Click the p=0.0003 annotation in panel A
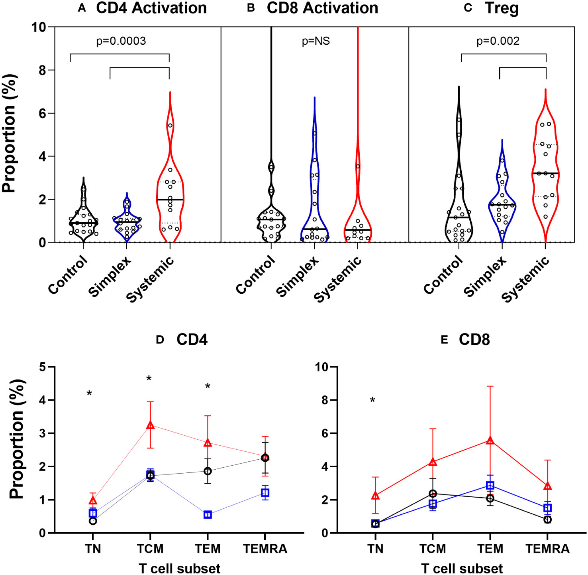coord(121,41)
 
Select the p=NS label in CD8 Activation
coord(316,41)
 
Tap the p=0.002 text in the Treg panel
coord(498,41)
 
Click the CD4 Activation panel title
coord(151,8)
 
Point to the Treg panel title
coord(502,8)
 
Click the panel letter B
coord(251,8)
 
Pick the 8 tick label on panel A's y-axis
coord(41,70)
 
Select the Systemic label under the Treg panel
coord(525,279)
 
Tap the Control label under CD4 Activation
coord(68,275)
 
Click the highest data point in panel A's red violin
coord(170,125)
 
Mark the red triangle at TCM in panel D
coord(150,425)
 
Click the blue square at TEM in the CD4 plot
coord(208,515)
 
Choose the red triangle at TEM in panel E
coord(490,441)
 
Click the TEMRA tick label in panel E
coord(547,549)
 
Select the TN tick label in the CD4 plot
coord(93,549)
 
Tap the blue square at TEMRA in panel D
coord(265,493)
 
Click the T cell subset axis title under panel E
coord(462,568)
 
